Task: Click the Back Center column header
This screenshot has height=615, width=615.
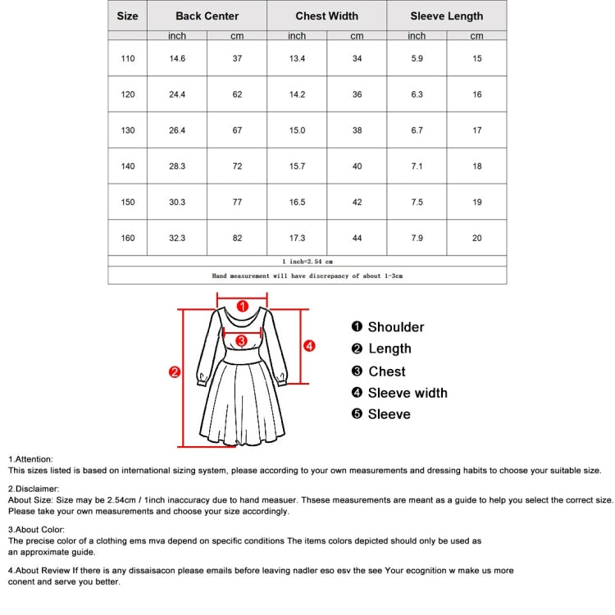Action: click(207, 16)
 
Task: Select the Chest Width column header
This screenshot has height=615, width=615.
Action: click(326, 16)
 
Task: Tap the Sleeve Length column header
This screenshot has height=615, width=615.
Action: click(447, 16)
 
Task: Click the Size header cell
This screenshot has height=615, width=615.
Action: click(127, 16)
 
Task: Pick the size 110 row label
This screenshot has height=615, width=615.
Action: click(128, 58)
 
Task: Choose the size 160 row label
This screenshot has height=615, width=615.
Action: click(128, 238)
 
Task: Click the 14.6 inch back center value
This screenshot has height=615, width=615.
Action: click(177, 58)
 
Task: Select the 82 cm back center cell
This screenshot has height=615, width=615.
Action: click(237, 238)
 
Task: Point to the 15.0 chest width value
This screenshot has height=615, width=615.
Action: click(297, 130)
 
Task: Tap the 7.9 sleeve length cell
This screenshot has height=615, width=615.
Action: click(417, 238)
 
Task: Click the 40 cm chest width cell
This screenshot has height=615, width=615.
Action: click(357, 166)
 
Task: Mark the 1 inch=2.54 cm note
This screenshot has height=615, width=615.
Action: click(307, 261)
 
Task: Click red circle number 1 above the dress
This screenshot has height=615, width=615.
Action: click(242, 306)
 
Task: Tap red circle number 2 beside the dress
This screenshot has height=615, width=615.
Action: click(174, 372)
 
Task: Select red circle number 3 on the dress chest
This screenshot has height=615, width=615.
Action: click(241, 340)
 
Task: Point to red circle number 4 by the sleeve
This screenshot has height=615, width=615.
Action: click(309, 345)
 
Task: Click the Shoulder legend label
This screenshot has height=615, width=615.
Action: click(395, 327)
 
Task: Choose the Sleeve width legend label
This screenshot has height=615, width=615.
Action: click(407, 393)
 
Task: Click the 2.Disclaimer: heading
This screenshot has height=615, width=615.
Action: click(34, 489)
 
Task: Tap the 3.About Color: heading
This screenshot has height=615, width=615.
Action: click(36, 530)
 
